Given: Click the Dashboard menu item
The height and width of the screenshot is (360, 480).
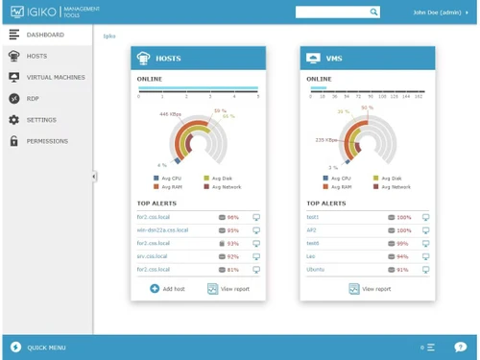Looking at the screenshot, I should [44, 35].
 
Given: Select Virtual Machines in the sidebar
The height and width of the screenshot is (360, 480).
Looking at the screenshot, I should [55, 77].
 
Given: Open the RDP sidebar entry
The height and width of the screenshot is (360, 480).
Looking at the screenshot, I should [33, 98].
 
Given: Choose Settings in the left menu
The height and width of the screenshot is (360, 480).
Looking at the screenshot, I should [41, 120].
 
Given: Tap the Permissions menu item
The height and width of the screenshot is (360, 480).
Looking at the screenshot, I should [47, 141].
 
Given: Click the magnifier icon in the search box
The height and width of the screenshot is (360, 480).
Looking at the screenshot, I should [374, 12].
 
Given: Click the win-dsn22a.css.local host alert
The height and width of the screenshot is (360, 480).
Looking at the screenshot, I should [162, 230].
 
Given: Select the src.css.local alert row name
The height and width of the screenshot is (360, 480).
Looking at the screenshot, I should [153, 256].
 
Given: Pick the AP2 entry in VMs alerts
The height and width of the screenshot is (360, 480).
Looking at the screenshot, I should [312, 230].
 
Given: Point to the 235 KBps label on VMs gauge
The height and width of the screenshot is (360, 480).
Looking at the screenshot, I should [325, 140].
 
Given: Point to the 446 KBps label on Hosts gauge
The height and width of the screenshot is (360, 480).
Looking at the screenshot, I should [169, 114].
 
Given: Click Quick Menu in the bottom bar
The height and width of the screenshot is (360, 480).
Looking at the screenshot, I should [46, 347].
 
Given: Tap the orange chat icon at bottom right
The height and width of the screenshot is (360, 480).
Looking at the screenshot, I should [461, 347].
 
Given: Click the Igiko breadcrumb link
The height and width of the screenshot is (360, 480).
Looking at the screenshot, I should [109, 36].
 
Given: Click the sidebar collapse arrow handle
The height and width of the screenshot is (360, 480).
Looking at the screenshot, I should [94, 177].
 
